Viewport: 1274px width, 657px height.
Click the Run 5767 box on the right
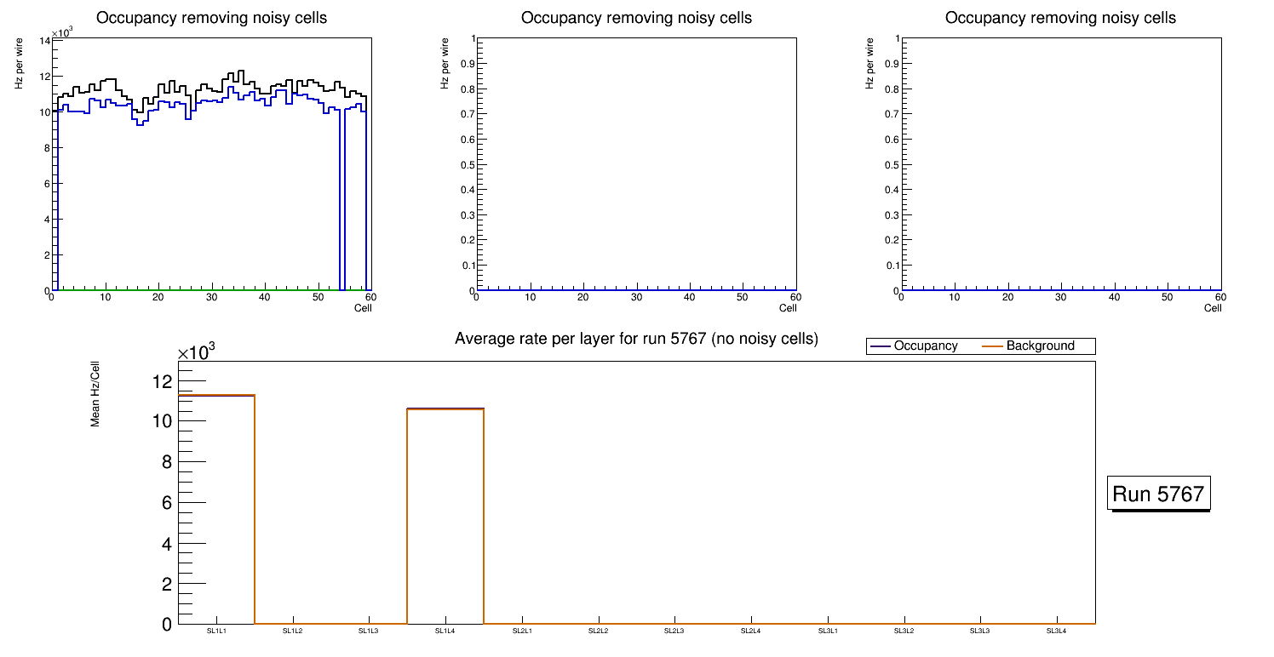1157,494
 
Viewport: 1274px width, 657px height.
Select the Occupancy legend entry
925,346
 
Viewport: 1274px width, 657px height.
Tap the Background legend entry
1040,346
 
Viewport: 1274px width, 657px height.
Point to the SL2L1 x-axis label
522,631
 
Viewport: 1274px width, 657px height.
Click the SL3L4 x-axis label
1056,631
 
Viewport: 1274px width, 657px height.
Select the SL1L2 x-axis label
293,631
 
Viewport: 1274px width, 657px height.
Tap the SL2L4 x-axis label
750,631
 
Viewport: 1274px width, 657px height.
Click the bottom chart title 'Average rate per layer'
636,339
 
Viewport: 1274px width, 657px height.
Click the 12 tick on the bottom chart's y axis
162,380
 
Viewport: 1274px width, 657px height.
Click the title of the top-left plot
211,18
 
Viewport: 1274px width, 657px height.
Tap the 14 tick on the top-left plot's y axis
45,41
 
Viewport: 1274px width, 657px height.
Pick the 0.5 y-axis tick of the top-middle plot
463,165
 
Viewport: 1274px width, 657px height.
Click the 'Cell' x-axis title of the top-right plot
1213,308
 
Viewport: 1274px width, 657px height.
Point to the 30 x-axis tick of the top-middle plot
636,297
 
